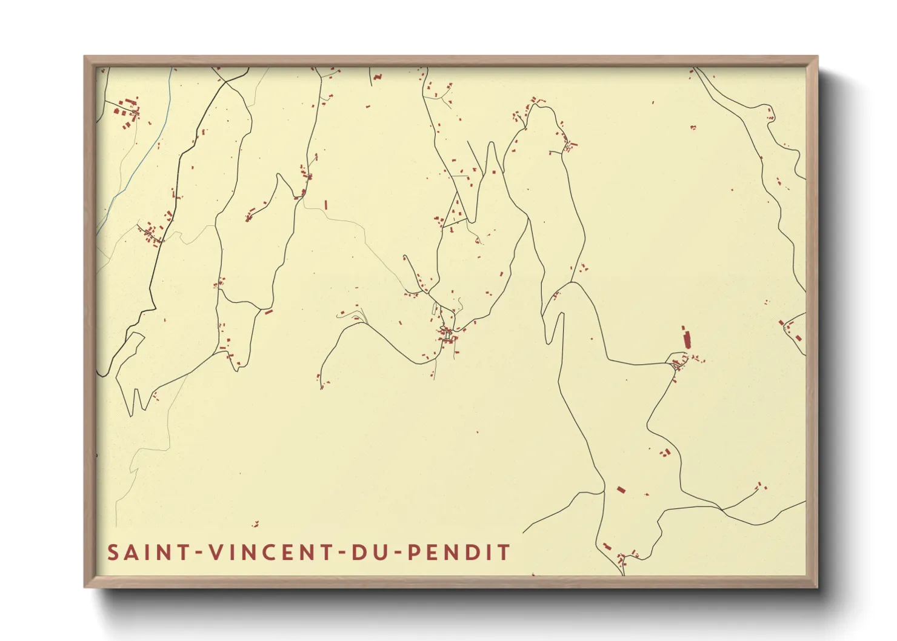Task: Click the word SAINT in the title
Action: coord(148,553)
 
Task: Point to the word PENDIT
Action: coord(458,553)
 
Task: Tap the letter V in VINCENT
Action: coord(216,553)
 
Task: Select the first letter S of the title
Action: coord(113,553)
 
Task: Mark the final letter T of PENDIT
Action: coord(504,553)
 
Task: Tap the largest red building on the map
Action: coord(686,338)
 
